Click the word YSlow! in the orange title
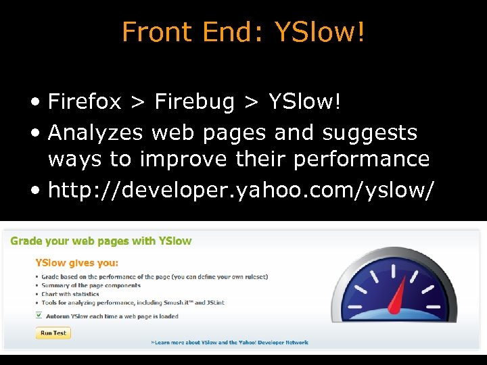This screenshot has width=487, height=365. click(319, 32)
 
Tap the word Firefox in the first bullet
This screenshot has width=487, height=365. click(85, 102)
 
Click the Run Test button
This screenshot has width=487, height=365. click(53, 333)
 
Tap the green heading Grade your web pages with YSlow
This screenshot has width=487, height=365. click(101, 241)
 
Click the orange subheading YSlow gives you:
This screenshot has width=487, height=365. click(76, 263)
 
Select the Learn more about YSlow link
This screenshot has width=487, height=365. click(230, 343)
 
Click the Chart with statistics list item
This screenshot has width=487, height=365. click(70, 295)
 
